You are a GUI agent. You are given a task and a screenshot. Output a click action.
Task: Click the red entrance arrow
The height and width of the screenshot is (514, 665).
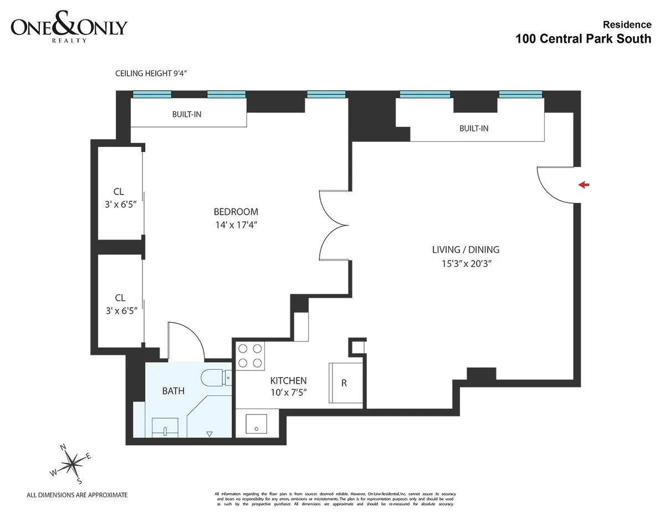tap(583, 185)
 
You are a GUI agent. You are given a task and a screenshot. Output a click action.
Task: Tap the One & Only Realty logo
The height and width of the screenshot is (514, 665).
tap(69, 29)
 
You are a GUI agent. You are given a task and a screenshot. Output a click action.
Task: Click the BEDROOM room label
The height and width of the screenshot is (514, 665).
tap(236, 212)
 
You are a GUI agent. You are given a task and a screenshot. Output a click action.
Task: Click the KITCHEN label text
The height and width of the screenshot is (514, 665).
tap(288, 381)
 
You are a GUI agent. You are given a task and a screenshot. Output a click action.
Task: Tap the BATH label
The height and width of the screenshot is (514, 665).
tap(173, 391)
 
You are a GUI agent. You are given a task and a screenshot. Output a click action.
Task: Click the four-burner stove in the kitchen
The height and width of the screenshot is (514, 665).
tap(250, 355)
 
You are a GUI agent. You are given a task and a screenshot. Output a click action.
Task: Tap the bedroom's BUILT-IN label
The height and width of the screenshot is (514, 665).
tap(186, 115)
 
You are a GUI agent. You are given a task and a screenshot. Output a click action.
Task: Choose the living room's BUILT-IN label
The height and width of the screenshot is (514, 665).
tap(474, 129)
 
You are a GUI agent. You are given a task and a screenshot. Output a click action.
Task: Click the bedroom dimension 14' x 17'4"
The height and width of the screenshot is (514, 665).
tap(236, 225)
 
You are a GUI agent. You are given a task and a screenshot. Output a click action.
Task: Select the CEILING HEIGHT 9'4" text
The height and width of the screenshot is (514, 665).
tap(154, 73)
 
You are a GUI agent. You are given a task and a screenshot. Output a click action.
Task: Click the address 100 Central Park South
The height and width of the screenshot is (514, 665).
tap(583, 39)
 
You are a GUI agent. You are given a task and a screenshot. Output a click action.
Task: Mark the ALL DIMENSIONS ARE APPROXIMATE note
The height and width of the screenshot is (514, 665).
tap(77, 495)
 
